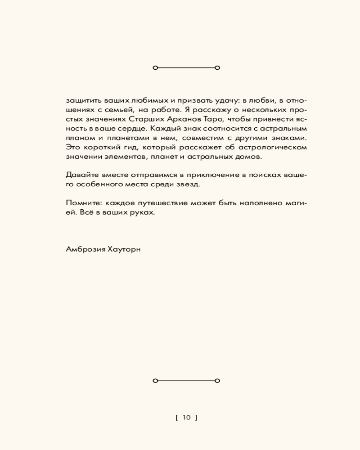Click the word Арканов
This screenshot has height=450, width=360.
(x=186, y=119)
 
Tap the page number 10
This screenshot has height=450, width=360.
(x=187, y=418)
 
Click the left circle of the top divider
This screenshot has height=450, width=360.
(x=155, y=68)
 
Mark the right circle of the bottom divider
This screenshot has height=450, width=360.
(x=217, y=381)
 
